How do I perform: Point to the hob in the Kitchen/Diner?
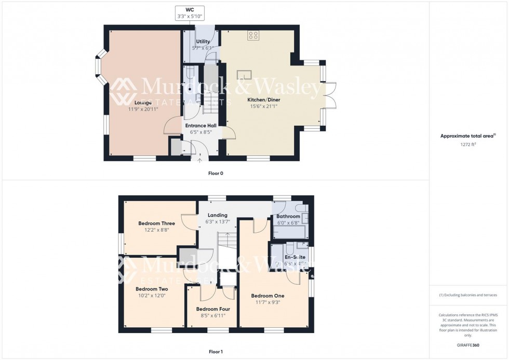click(253, 35)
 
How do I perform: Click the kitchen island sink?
click(245, 75)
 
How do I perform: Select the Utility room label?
click(203, 42)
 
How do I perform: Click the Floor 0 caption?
click(216, 173)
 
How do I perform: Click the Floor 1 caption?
click(216, 352)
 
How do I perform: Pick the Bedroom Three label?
click(156, 223)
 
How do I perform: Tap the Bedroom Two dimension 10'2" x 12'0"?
click(152, 296)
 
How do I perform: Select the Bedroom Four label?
click(213, 309)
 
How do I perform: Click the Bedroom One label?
click(267, 296)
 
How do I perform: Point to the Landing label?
click(217, 215)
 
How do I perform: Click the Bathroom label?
click(288, 216)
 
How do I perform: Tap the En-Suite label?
click(294, 257)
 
